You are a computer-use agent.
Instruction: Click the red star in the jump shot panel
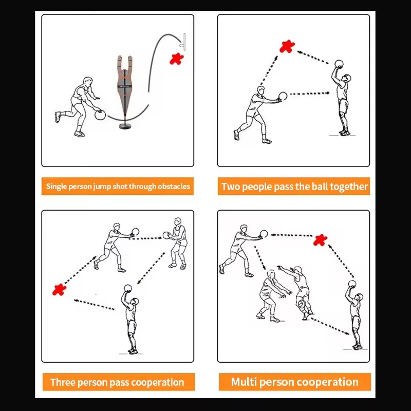click(x=176, y=59)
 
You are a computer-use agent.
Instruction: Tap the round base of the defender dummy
click(x=126, y=126)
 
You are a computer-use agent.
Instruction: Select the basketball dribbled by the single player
click(x=100, y=115)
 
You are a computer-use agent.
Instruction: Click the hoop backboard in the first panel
click(x=184, y=42)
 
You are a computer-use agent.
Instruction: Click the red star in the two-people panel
click(x=287, y=46)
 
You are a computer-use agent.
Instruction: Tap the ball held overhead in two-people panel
click(x=339, y=64)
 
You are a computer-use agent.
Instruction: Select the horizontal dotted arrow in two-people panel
click(x=310, y=94)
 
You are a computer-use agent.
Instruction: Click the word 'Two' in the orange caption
click(x=231, y=186)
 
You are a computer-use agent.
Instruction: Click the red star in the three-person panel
click(x=59, y=289)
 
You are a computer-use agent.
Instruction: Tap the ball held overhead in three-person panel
click(x=127, y=288)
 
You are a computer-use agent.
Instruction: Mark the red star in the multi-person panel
click(x=320, y=240)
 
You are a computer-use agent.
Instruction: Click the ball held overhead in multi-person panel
click(x=352, y=284)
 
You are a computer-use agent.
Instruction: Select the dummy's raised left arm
click(x=120, y=62)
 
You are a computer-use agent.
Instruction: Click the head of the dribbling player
click(x=87, y=81)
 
